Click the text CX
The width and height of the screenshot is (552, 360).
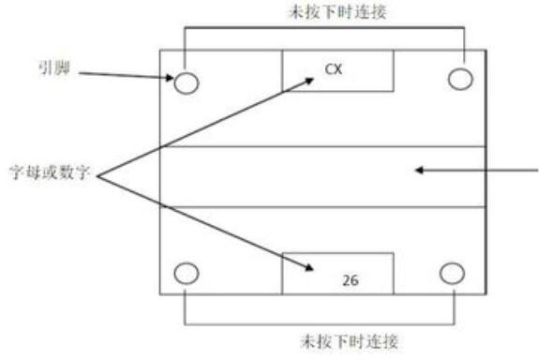click(x=334, y=69)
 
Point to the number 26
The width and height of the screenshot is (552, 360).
click(x=351, y=280)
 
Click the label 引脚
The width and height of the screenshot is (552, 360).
click(x=54, y=68)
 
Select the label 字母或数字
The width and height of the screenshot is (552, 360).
click(x=50, y=172)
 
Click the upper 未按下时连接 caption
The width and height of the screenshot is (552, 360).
click(x=338, y=12)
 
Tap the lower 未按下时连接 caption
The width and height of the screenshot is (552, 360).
click(x=350, y=341)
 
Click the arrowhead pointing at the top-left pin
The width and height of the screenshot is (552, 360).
click(x=171, y=78)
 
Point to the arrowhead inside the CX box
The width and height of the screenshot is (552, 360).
click(x=309, y=82)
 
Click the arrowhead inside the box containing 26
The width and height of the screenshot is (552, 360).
click(x=309, y=268)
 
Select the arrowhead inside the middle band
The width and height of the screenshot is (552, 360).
click(x=419, y=171)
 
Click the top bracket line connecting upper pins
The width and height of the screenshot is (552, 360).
click(x=324, y=27)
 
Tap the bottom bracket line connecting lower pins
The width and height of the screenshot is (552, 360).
click(x=320, y=323)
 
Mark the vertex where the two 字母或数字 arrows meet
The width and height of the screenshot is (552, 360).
click(x=97, y=176)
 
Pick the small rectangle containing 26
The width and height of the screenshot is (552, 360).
click(x=338, y=274)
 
